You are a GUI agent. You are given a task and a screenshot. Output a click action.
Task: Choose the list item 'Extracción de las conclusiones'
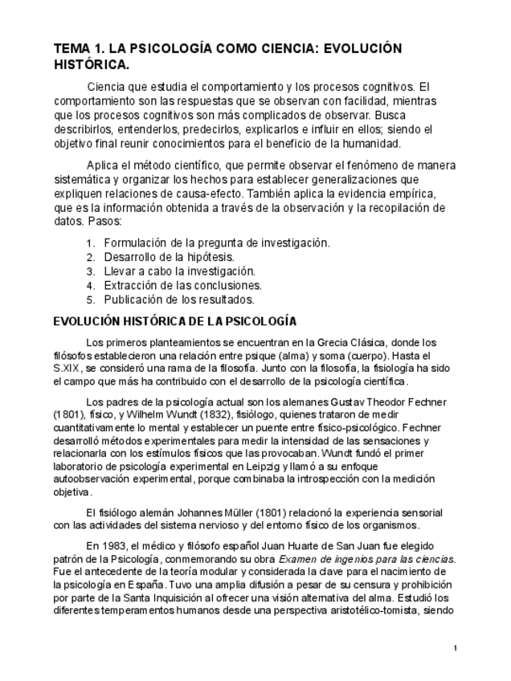pyautogui.click(x=182, y=286)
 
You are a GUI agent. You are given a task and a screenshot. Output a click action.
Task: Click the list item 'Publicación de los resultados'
pyautogui.click(x=179, y=300)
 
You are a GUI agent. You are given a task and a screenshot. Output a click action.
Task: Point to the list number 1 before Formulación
pyautogui.click(x=88, y=243)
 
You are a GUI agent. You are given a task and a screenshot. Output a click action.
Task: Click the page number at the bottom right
pyautogui.click(x=455, y=648)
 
